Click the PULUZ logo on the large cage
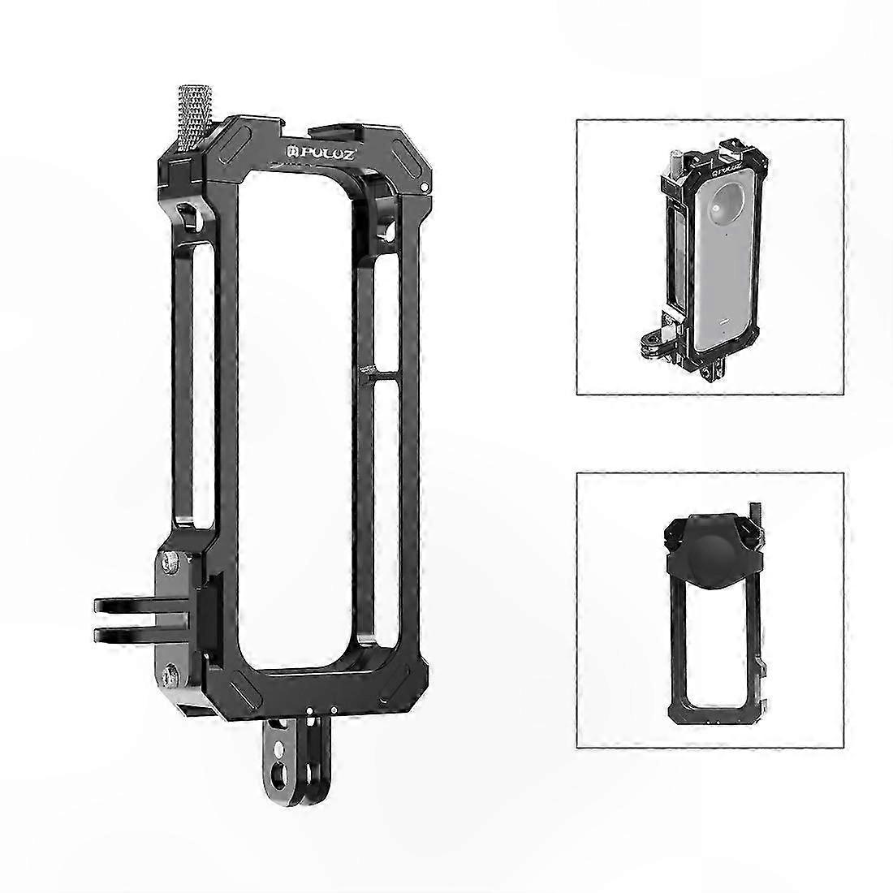[x=321, y=153]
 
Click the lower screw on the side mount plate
[x=170, y=676]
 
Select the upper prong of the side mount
[x=142, y=606]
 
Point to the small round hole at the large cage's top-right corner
[x=425, y=187]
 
